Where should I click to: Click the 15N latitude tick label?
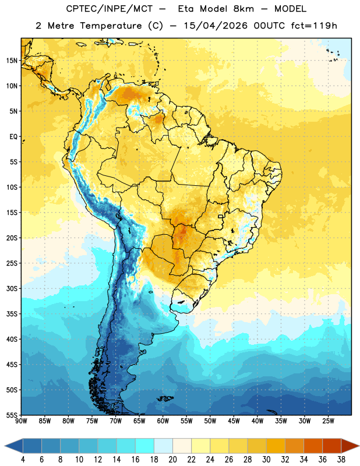[x=12, y=61]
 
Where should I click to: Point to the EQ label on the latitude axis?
[x=13, y=137]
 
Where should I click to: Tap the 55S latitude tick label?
[x=12, y=415]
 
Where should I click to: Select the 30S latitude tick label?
[x=12, y=288]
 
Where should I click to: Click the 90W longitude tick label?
[x=21, y=421]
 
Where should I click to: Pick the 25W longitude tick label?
[x=328, y=421]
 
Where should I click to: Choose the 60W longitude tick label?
[x=163, y=421]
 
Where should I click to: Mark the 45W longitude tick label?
[x=234, y=421]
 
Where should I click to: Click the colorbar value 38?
[x=341, y=460]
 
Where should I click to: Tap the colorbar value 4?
[x=23, y=460]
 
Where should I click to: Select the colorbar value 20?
[x=172, y=460]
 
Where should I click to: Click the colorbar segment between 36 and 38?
[x=332, y=446]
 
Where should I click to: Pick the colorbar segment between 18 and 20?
[x=163, y=446]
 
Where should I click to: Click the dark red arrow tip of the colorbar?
[x=350, y=446]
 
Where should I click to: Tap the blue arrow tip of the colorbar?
[x=13, y=446]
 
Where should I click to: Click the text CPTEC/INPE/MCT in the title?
[x=110, y=9]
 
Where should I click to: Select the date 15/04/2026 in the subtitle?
[x=216, y=26]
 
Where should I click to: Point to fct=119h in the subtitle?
[x=314, y=26]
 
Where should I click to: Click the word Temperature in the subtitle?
[x=111, y=26]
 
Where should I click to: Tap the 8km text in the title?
[x=243, y=9]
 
